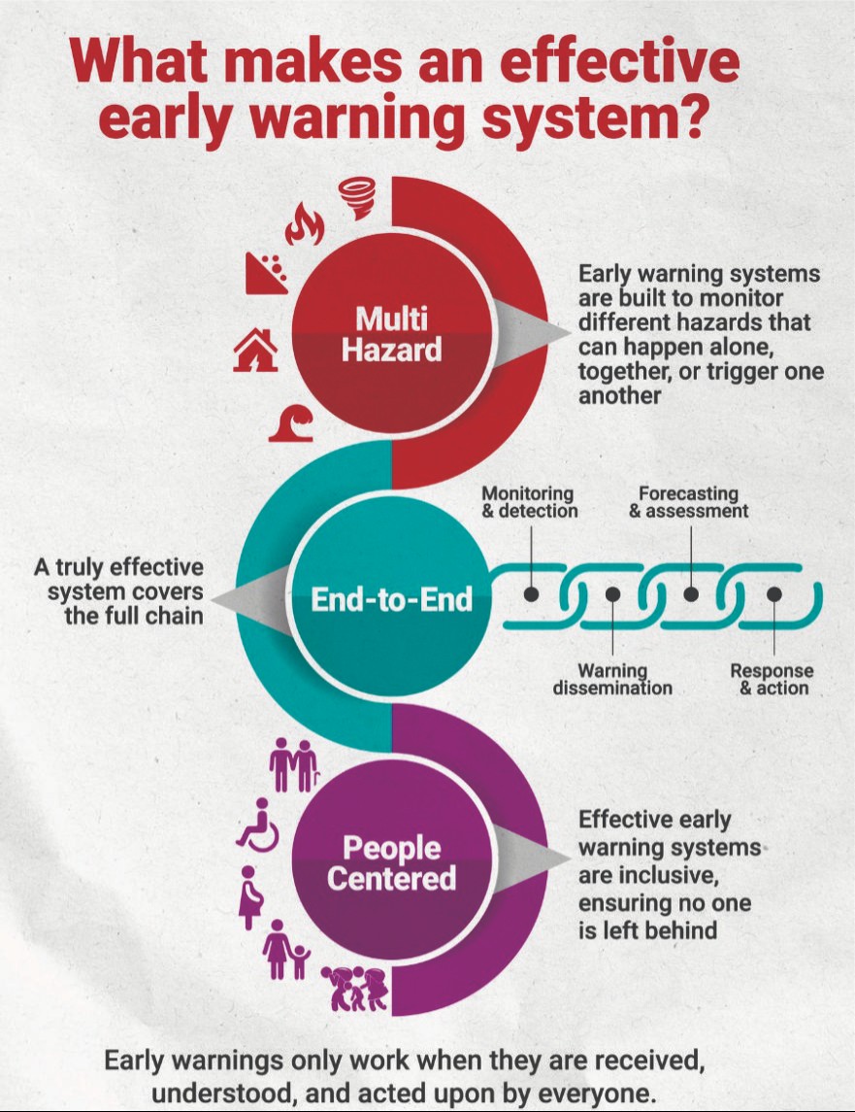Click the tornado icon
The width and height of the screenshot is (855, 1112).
click(x=357, y=198)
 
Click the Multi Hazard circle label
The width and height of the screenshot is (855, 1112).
click(x=391, y=333)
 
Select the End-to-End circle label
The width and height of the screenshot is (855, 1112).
click(x=391, y=599)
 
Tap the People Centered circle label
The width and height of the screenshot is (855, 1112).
click(x=391, y=863)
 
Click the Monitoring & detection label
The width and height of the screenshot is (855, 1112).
click(x=529, y=502)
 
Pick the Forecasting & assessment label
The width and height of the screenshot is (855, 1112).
click(x=689, y=502)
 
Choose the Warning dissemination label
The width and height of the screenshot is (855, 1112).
click(x=612, y=679)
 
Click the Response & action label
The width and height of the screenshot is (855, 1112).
click(x=773, y=679)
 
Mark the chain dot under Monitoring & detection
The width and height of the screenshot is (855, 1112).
click(x=532, y=592)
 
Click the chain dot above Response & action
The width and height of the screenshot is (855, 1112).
click(x=773, y=592)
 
